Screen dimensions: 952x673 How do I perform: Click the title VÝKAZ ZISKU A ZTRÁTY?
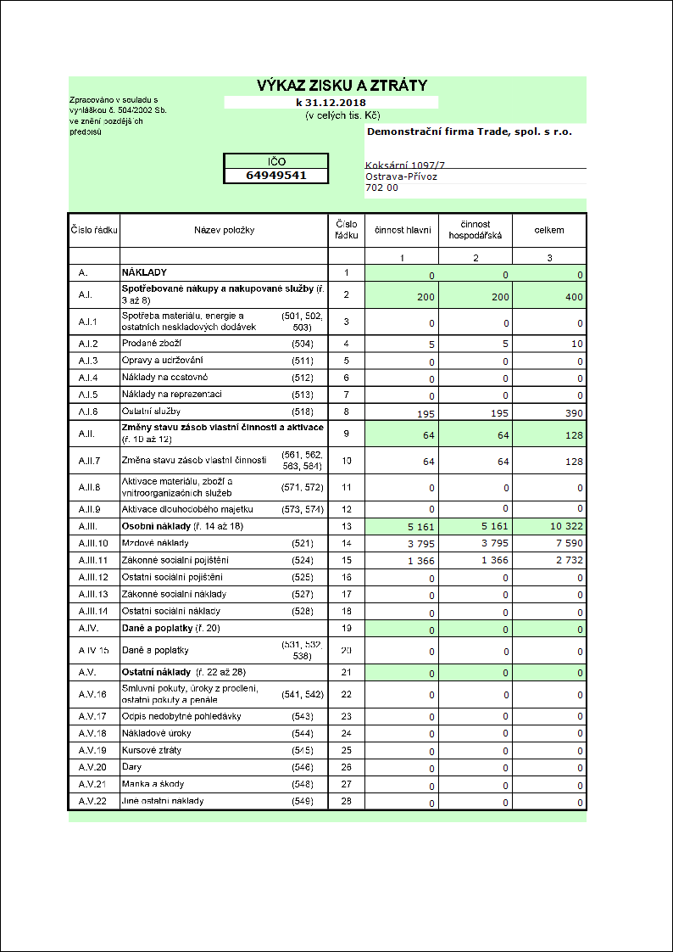(x=342, y=85)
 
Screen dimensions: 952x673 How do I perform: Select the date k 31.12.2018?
(x=331, y=102)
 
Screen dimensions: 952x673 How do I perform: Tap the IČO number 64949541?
(x=275, y=176)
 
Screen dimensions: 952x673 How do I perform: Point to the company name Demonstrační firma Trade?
(x=469, y=132)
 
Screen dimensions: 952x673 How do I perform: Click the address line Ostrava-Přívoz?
(x=400, y=176)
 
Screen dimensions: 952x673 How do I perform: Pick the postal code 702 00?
(x=381, y=188)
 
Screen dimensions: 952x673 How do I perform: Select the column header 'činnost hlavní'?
(x=403, y=230)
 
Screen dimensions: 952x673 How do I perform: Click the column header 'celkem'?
(x=548, y=230)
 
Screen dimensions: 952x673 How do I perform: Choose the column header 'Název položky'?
(x=224, y=230)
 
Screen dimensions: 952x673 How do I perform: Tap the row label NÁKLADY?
(x=144, y=272)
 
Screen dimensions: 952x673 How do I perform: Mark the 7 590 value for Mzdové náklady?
(x=565, y=544)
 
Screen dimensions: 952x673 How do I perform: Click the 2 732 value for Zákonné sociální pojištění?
(x=565, y=561)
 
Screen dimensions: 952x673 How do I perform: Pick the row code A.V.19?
(x=93, y=750)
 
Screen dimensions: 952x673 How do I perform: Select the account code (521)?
(x=303, y=543)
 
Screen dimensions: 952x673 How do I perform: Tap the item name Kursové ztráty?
(x=153, y=750)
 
